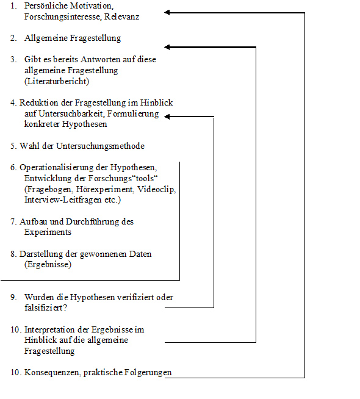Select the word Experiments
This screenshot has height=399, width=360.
[x=48, y=232]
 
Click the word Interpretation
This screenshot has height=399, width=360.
[x=51, y=329]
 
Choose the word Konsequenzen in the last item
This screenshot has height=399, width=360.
[x=50, y=372]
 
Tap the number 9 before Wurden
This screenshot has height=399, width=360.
[x=13, y=297]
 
